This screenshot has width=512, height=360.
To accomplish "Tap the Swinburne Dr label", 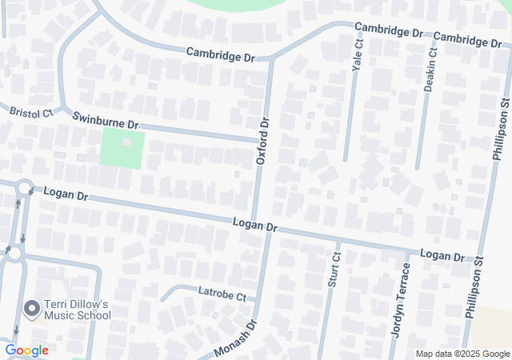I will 106,122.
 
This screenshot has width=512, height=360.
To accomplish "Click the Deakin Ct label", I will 430,70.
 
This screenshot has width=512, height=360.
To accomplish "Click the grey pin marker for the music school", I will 33,308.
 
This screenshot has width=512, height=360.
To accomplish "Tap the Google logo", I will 26,350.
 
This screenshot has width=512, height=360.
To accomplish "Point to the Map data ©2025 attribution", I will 462,354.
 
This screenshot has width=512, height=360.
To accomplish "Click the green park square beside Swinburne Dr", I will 122,149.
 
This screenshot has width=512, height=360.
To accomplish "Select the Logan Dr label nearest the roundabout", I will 66,194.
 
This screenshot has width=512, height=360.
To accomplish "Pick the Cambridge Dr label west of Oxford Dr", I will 220,54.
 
